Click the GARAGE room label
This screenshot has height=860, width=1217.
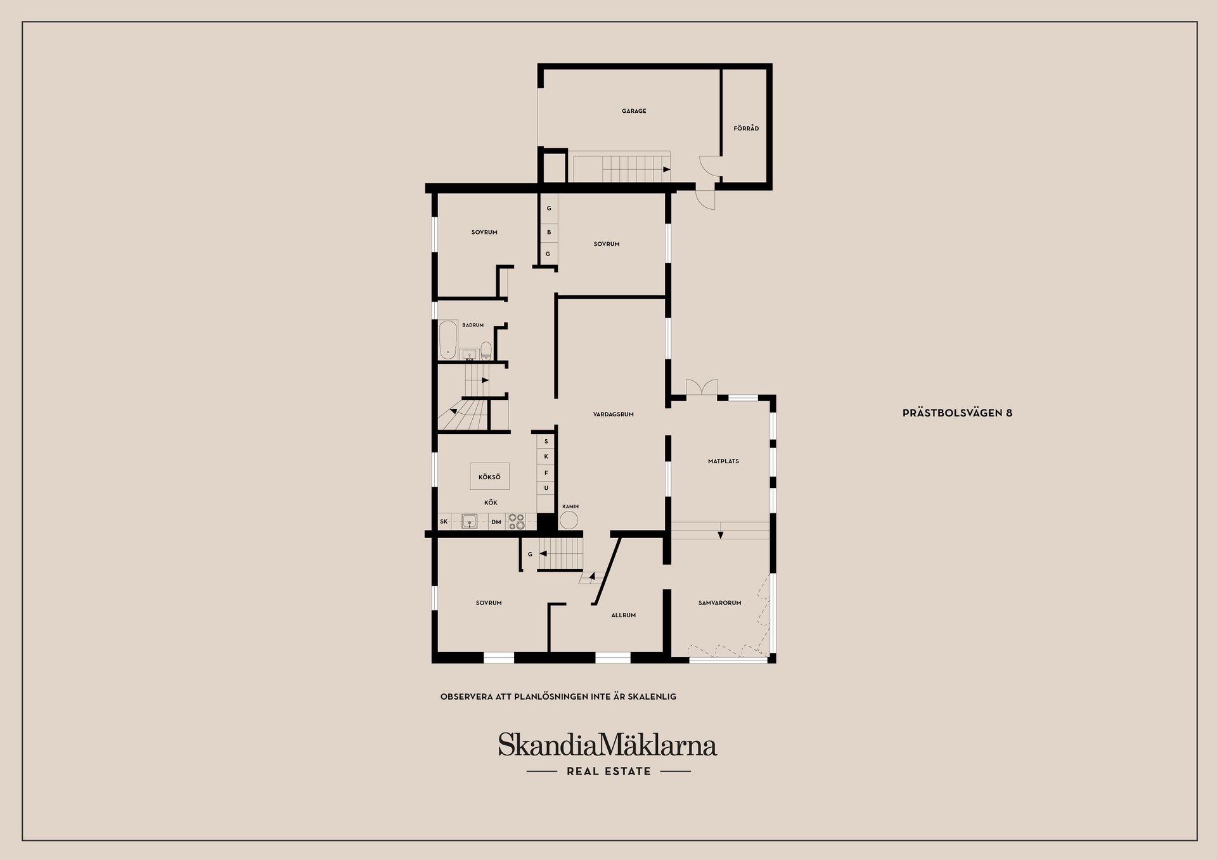pyautogui.click(x=634, y=111)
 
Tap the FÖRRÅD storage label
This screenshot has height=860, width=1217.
pyautogui.click(x=746, y=129)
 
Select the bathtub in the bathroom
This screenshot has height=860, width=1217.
pyautogui.click(x=448, y=340)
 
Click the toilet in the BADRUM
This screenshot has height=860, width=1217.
pyautogui.click(x=486, y=350)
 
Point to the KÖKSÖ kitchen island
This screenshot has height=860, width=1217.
pyautogui.click(x=489, y=477)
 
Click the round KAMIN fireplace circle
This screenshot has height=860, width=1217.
pyautogui.click(x=569, y=520)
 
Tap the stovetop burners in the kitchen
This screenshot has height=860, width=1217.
pyautogui.click(x=516, y=521)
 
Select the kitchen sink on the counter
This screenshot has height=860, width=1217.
pyautogui.click(x=469, y=522)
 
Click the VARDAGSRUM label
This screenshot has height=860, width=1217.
pyautogui.click(x=613, y=414)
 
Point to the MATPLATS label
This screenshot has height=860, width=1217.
pyautogui.click(x=723, y=461)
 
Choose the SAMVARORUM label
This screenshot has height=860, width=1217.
pyautogui.click(x=719, y=603)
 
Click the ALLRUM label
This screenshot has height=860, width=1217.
pyautogui.click(x=623, y=615)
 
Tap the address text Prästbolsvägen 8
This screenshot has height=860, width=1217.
pyautogui.click(x=957, y=413)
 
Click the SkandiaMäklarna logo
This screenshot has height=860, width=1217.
pyautogui.click(x=607, y=745)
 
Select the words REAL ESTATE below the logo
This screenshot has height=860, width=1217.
pyautogui.click(x=608, y=771)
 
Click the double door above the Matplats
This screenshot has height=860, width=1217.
pyautogui.click(x=702, y=387)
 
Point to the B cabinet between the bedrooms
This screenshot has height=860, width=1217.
pyautogui.click(x=549, y=233)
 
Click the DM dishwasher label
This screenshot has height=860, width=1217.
pyautogui.click(x=496, y=522)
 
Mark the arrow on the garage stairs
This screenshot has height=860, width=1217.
pyautogui.click(x=666, y=169)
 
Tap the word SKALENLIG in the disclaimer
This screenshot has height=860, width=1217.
pyautogui.click(x=653, y=696)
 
